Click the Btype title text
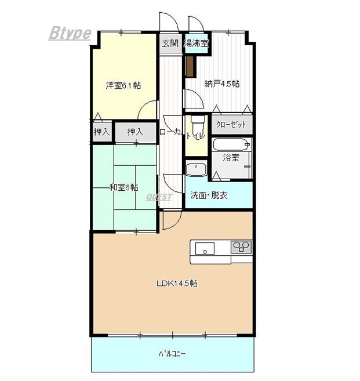[x=70, y=33]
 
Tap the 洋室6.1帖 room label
[x=123, y=85]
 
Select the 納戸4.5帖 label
[x=222, y=84]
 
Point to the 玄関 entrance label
[x=170, y=43]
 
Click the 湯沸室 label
[x=197, y=43]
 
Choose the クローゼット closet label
[x=231, y=125]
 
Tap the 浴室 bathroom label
[x=231, y=158]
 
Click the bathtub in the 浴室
[x=232, y=144]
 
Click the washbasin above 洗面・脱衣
[x=197, y=169]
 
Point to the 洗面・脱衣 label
[x=209, y=195]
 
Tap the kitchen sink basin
[x=205, y=248]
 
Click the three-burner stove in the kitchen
[x=241, y=247]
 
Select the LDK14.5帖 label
[x=177, y=284]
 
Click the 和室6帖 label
[x=124, y=187]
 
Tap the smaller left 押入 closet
[x=102, y=132]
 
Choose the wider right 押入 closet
[x=136, y=132]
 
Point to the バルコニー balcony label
[x=172, y=354]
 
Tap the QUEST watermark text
[x=159, y=197]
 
